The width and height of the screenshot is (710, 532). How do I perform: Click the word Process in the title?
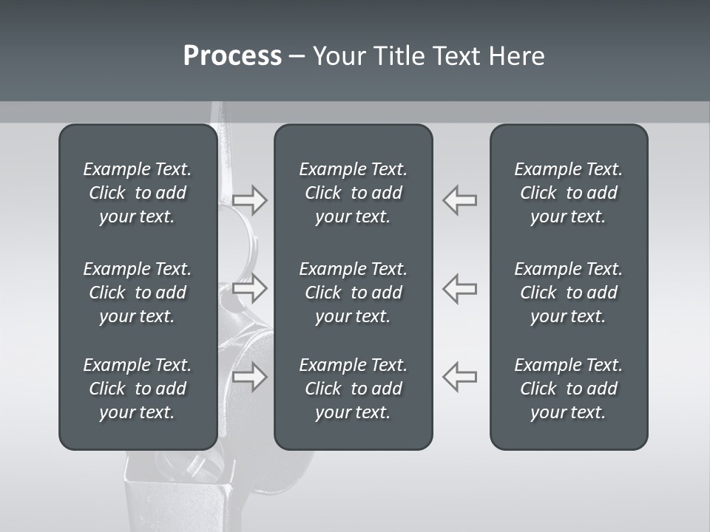tap(232, 56)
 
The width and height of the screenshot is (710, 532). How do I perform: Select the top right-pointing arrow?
tap(250, 200)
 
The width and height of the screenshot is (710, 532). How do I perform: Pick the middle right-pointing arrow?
tap(250, 288)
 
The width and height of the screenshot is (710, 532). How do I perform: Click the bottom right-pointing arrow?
tap(250, 377)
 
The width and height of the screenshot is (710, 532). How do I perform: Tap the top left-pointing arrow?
tap(459, 200)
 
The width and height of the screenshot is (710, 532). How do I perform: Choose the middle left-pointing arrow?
tap(459, 288)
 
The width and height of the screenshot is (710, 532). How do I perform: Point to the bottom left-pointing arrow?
tap(459, 377)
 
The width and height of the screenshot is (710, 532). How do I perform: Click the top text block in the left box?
tap(138, 193)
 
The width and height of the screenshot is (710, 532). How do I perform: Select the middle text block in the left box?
tap(138, 293)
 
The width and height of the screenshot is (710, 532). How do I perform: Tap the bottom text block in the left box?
tap(138, 389)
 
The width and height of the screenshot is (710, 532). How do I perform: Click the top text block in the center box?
tap(353, 193)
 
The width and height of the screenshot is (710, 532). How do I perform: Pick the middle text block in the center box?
tap(353, 293)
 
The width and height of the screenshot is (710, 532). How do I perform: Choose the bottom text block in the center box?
tap(353, 389)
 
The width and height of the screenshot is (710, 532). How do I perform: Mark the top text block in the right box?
tap(568, 193)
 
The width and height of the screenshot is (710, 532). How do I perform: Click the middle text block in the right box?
tap(568, 293)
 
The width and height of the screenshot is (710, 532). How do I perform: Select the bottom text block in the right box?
tap(568, 389)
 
